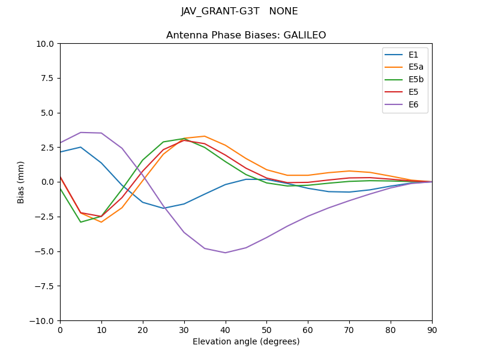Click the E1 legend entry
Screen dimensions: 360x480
[x=405, y=55]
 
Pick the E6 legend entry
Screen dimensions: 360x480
[x=405, y=105]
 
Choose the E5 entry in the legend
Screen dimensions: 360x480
[x=405, y=92]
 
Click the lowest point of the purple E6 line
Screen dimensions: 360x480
[x=225, y=253]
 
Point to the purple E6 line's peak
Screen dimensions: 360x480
[x=81, y=133]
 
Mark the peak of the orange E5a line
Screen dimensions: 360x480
[x=205, y=136]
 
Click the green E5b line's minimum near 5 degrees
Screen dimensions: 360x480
[x=81, y=222]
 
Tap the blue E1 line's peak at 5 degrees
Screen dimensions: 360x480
[x=81, y=147]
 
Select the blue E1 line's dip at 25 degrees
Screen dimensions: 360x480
[x=163, y=208]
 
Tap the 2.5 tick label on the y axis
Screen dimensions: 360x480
[x=47, y=148]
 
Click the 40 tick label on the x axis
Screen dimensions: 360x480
[x=225, y=329]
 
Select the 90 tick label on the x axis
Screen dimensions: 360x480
[x=431, y=329]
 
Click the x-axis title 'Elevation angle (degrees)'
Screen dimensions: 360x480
[x=246, y=341]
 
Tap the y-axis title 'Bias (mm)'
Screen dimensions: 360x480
[x=21, y=182]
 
